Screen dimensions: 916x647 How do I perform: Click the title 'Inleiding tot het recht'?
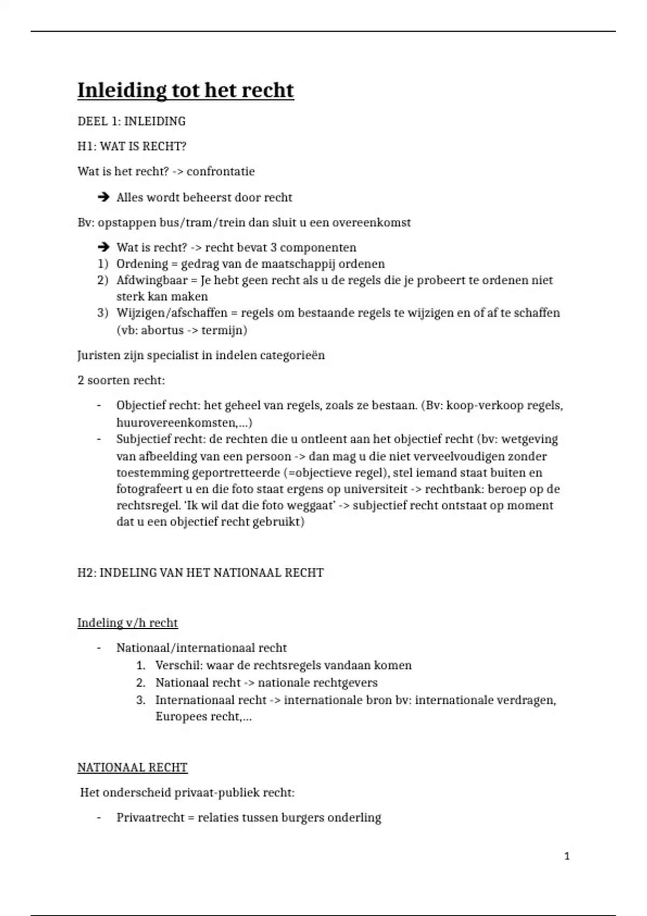coord(185,91)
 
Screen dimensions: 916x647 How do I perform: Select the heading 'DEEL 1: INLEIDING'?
coord(132,121)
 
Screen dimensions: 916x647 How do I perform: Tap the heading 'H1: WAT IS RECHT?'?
coord(132,147)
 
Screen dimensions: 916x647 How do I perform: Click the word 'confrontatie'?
coord(221,171)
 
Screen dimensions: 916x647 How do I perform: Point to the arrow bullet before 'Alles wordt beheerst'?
coord(103,197)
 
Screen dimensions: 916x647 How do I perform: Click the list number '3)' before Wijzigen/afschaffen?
coord(103,313)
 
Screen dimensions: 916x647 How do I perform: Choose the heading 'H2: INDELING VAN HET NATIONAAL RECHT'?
coord(201,573)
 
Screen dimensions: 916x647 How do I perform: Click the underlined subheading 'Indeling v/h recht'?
coord(127,623)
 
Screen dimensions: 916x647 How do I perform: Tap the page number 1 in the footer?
coord(567,856)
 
